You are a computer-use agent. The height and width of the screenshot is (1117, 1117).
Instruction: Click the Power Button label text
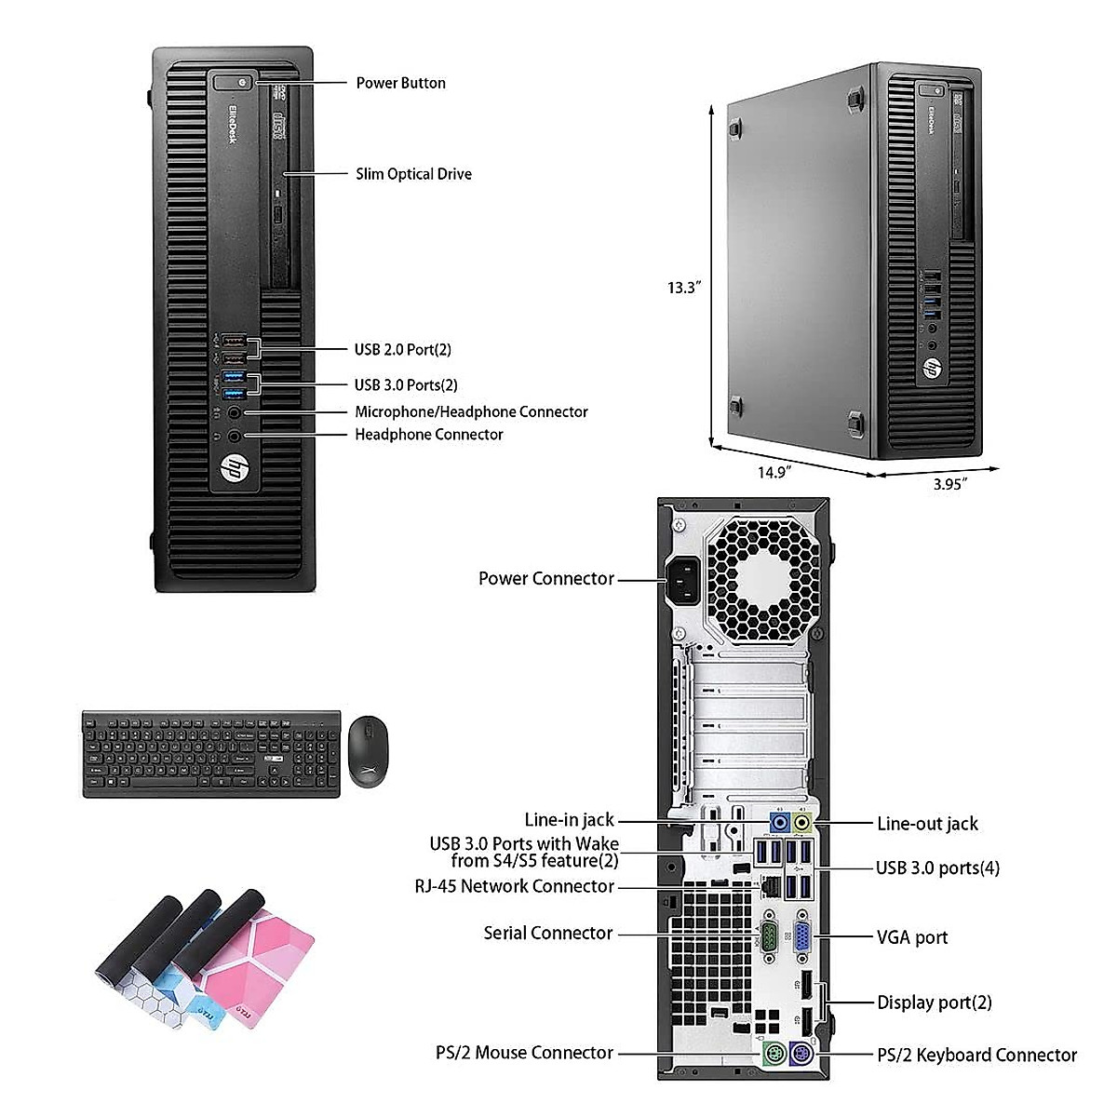(400, 83)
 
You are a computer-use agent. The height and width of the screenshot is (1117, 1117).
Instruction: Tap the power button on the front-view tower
(241, 83)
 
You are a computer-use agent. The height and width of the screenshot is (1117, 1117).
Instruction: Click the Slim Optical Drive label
(413, 174)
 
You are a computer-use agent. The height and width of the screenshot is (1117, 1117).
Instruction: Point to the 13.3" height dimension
(682, 288)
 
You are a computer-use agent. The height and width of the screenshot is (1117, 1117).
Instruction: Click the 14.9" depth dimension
(773, 472)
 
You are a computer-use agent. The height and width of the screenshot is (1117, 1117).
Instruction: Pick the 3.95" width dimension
(949, 483)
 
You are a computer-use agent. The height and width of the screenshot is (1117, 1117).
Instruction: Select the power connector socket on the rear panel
(684, 579)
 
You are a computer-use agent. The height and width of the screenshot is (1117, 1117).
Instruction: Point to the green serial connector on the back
(770, 935)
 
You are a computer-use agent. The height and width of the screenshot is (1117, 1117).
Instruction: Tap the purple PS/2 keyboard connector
(801, 1056)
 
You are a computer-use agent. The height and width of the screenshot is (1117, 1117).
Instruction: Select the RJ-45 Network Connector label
(514, 887)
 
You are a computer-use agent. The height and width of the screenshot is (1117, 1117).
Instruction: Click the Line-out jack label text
(927, 824)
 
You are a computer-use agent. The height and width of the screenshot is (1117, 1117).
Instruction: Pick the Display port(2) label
(934, 1003)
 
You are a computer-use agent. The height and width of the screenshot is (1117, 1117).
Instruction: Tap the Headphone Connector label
(428, 435)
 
